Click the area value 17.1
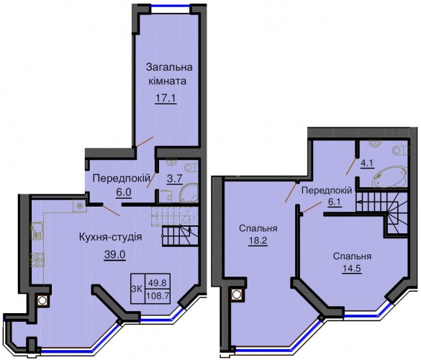pos(166,98)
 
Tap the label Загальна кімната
pos(169,74)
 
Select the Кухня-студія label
pos(110,237)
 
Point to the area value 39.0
pos(115,254)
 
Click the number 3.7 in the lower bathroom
pos(175,179)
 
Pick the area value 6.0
pos(124,192)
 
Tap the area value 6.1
pos(334,202)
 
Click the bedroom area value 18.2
pos(258,240)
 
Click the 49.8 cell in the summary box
pos(158,282)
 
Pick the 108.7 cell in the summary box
pos(158,296)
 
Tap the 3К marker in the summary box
pos(137,289)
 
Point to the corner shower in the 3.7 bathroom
pos(189,194)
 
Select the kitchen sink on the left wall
pos(36,230)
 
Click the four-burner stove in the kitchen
pos(37,260)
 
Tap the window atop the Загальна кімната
pos(171,6)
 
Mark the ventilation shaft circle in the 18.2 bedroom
pos(236,294)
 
